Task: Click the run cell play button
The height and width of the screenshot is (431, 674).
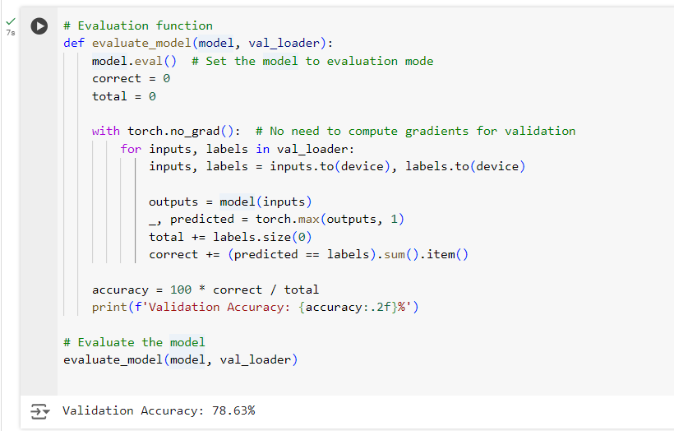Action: point(39,26)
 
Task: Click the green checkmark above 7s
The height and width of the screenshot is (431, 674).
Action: point(10,21)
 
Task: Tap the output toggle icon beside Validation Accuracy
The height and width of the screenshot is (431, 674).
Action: point(39,410)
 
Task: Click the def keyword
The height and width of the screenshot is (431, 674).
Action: point(74,44)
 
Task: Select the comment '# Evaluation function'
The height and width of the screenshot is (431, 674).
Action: point(138,26)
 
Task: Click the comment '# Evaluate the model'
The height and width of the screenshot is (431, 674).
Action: point(134,342)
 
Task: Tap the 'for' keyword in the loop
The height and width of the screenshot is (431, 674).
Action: point(131,149)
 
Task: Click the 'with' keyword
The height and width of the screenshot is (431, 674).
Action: point(106,132)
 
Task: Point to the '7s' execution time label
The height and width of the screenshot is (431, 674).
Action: point(10,33)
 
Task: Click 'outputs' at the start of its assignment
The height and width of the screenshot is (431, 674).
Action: point(173,202)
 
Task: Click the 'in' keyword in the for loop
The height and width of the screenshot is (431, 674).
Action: point(262,149)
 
